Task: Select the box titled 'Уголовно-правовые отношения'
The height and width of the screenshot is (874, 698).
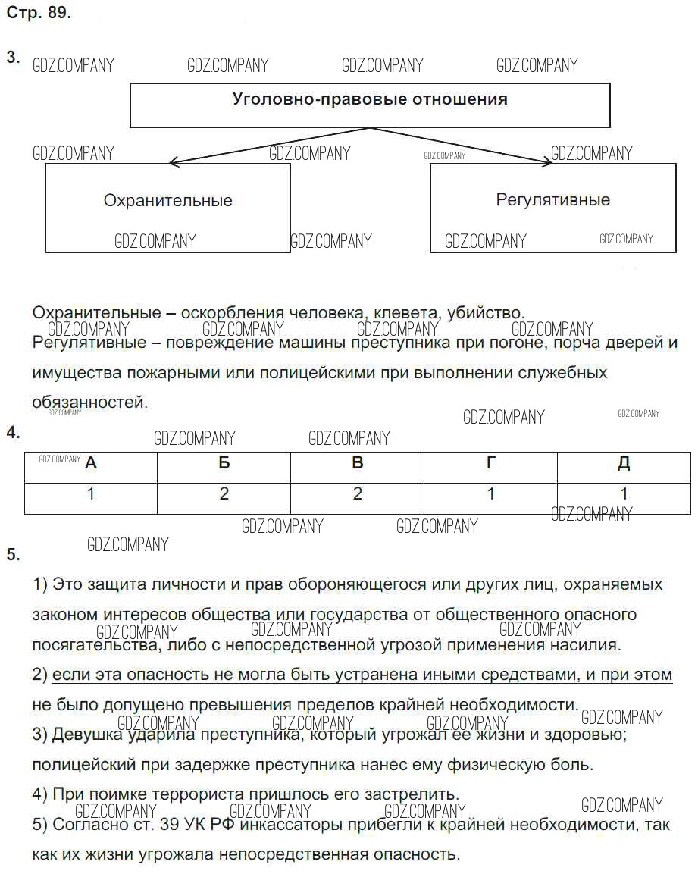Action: pyautogui.click(x=370, y=105)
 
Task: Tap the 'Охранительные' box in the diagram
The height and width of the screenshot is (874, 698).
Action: pyautogui.click(x=167, y=208)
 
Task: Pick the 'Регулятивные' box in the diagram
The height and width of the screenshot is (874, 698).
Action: pyautogui.click(x=552, y=207)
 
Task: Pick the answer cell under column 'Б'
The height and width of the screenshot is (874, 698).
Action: pyautogui.click(x=224, y=495)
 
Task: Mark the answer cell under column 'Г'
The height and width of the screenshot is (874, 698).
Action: pyautogui.click(x=491, y=495)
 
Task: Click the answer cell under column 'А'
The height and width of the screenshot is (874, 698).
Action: pyautogui.click(x=91, y=495)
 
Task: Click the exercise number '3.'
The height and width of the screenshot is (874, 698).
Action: pyautogui.click(x=13, y=58)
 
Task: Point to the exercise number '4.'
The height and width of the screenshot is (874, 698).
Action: pyautogui.click(x=13, y=433)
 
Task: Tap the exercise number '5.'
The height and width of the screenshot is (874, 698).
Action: pyautogui.click(x=13, y=555)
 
